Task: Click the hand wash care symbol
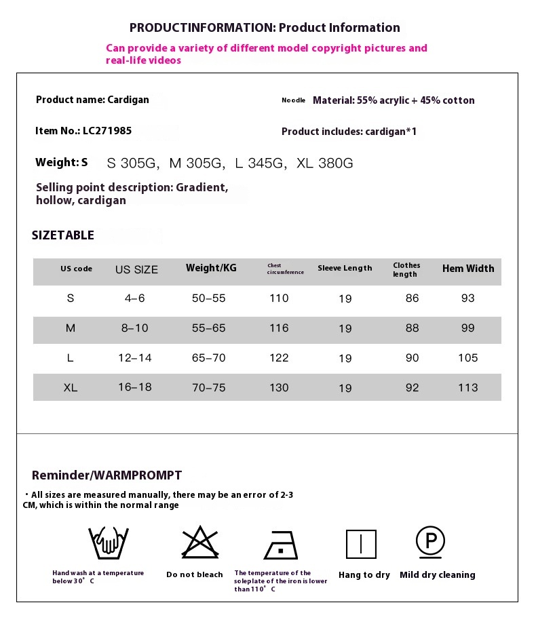pyautogui.click(x=108, y=543)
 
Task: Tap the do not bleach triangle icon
pyautogui.click(x=195, y=543)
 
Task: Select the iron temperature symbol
pyautogui.click(x=280, y=544)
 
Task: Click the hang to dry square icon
pyautogui.click(x=361, y=545)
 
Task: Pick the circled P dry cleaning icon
pyautogui.click(x=430, y=541)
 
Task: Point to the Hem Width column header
pyautogui.click(x=468, y=269)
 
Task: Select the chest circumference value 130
pyautogui.click(x=279, y=388)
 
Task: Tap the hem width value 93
pyautogui.click(x=467, y=298)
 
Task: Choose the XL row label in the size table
pyautogui.click(x=71, y=388)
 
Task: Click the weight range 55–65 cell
pyautogui.click(x=208, y=328)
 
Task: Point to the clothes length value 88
pyautogui.click(x=412, y=328)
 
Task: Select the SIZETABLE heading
pyautogui.click(x=63, y=235)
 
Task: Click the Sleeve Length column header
pyautogui.click(x=345, y=269)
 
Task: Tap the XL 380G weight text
pyautogui.click(x=325, y=163)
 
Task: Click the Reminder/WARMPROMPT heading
pyautogui.click(x=107, y=475)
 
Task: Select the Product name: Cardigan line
pyautogui.click(x=92, y=100)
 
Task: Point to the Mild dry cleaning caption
pyautogui.click(x=438, y=575)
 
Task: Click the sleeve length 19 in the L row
pyautogui.click(x=345, y=359)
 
